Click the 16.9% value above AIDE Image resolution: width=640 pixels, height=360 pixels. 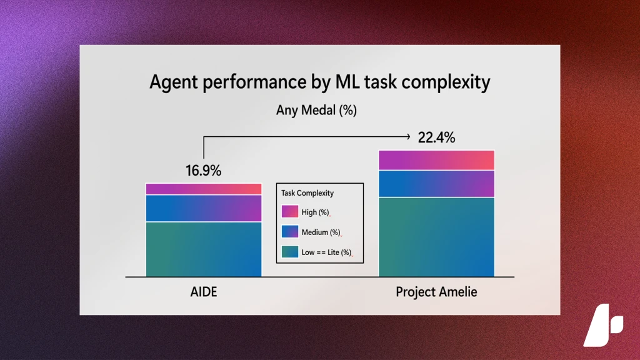203,171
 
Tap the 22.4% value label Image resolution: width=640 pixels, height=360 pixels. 436,137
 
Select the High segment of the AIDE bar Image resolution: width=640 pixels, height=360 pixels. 204,189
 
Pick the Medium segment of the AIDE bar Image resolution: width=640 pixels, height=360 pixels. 204,208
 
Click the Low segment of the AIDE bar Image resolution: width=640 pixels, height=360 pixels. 204,249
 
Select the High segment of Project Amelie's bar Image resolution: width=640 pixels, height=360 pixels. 436,160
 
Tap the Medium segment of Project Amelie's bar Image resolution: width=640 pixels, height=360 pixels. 436,184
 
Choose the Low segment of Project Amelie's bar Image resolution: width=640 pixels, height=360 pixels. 436,237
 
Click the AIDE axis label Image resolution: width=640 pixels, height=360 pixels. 204,292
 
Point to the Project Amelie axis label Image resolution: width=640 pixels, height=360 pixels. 436,292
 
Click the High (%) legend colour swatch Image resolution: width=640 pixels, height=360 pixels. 290,211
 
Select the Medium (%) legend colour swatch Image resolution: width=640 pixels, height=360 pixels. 290,231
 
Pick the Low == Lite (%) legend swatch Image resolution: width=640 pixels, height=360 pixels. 290,251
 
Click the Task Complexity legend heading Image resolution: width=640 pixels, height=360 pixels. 307,193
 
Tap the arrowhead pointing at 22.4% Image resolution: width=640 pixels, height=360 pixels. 407,136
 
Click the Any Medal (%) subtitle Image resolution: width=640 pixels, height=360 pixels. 316,110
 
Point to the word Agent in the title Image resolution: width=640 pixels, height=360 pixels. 174,82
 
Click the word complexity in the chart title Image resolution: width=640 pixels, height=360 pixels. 446,82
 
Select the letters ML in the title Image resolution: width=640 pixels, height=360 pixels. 347,81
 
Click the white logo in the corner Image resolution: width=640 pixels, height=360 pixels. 603,325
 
